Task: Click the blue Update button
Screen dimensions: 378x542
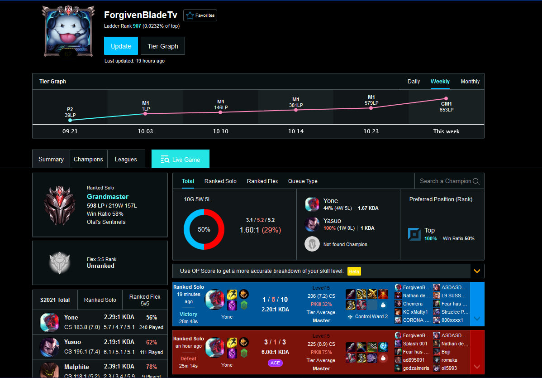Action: [121, 46]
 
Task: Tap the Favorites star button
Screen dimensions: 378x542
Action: [200, 15]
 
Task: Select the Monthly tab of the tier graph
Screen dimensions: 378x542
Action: [470, 82]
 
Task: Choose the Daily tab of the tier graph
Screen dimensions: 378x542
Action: [414, 82]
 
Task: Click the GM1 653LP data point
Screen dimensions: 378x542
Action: [446, 98]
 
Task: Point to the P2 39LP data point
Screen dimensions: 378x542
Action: [70, 120]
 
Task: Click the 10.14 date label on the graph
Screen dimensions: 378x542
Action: [296, 131]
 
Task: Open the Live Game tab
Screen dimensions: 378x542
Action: [181, 160]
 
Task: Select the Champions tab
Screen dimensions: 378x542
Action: [88, 160]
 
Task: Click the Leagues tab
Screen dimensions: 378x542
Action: [126, 160]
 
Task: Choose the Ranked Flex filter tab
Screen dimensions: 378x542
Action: [262, 181]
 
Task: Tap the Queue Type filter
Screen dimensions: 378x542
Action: [303, 181]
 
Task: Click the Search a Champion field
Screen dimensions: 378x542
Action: [445, 181]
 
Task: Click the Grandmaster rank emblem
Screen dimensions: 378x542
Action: [60, 205]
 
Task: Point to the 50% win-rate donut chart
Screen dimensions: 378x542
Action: [204, 229]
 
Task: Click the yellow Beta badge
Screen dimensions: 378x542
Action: [354, 271]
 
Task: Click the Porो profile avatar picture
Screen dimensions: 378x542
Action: [68, 31]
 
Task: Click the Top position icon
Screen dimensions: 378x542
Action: [414, 234]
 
